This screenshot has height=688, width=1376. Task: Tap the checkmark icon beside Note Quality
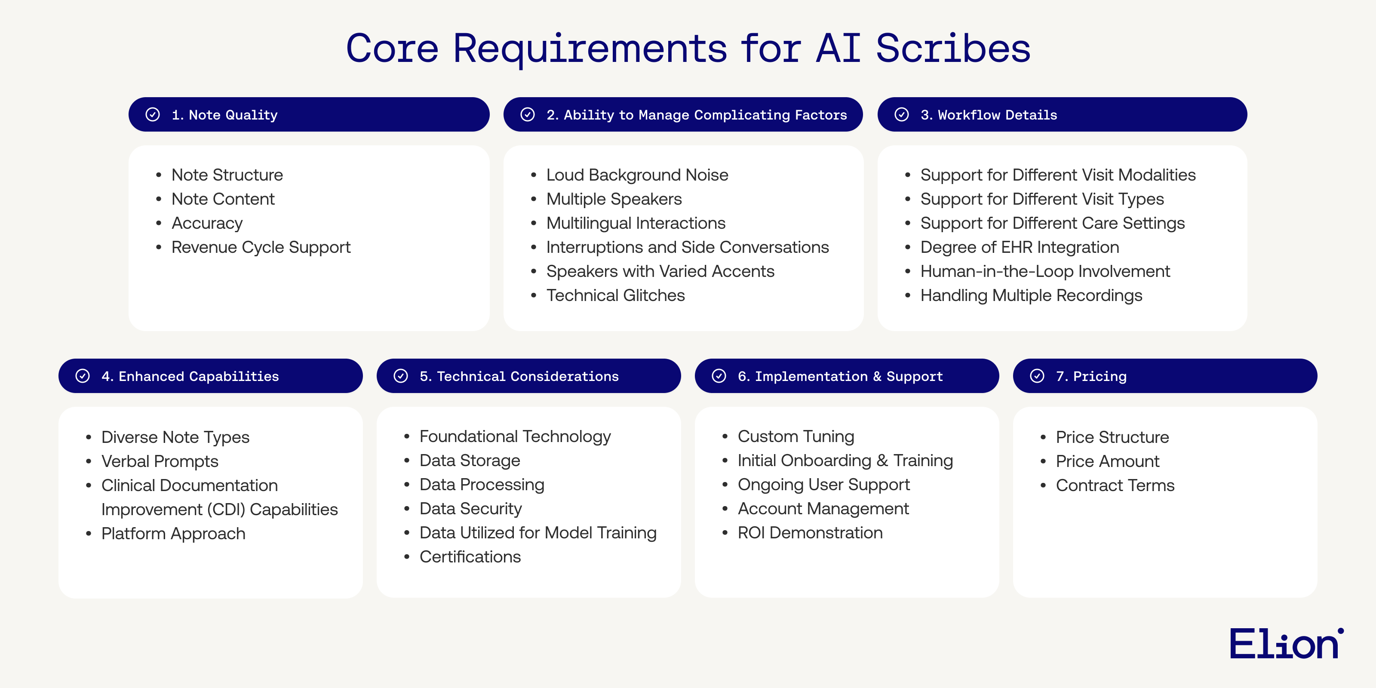153,114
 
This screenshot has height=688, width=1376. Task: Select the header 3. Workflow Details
988,115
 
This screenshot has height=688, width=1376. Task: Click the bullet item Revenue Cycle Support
261,247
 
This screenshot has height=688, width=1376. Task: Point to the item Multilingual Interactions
636,223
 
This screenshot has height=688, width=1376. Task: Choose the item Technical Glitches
615,295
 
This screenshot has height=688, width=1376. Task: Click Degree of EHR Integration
1019,247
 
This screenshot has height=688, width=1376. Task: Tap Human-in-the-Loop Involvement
1045,271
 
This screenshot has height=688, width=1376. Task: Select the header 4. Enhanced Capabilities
190,376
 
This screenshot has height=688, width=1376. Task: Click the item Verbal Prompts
160,461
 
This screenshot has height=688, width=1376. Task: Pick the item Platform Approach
173,534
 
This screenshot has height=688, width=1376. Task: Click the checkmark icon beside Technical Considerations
401,376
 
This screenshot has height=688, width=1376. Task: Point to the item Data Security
470,509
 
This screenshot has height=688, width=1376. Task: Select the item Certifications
470,556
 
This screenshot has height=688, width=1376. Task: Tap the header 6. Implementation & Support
840,376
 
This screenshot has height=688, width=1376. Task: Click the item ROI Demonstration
810,533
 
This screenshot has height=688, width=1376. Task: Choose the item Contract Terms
1115,485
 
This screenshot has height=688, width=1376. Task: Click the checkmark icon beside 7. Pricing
1037,376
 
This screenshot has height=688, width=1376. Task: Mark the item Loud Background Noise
637,175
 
